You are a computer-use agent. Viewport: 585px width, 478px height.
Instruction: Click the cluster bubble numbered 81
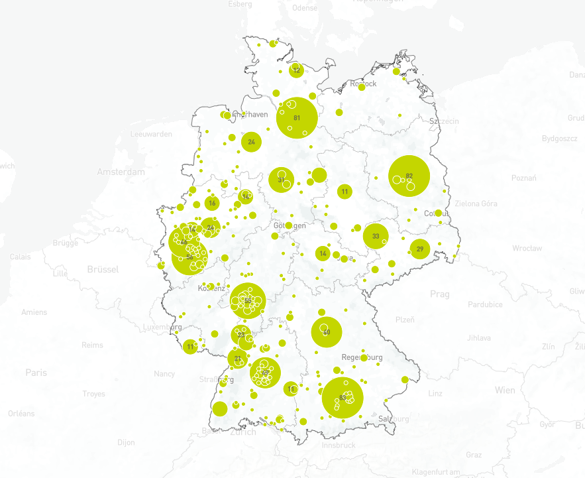297,118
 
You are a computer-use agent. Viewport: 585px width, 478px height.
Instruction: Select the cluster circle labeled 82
409,176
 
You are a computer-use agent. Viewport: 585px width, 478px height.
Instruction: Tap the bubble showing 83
343,398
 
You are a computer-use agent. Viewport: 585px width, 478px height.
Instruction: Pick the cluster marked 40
326,332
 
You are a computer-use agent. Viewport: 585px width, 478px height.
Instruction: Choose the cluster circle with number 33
376,236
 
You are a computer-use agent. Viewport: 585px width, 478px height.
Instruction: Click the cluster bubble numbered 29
419,249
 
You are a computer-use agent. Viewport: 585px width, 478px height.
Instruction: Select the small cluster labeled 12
296,70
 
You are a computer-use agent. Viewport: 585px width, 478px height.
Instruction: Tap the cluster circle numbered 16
212,204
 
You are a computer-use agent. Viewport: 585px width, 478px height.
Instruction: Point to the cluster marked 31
282,180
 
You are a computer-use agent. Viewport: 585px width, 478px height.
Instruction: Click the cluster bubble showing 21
237,359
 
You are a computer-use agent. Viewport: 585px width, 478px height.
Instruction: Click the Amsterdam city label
121,172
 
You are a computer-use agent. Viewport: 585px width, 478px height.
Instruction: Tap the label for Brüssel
103,269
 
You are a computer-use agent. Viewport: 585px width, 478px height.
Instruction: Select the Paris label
36,373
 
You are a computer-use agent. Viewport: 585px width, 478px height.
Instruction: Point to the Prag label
440,294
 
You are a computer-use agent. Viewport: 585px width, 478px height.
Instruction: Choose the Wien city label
504,390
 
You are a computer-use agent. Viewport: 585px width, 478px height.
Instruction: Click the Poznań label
523,178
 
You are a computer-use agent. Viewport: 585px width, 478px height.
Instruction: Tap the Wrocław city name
527,248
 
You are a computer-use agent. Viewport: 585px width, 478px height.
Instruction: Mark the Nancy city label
164,374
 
